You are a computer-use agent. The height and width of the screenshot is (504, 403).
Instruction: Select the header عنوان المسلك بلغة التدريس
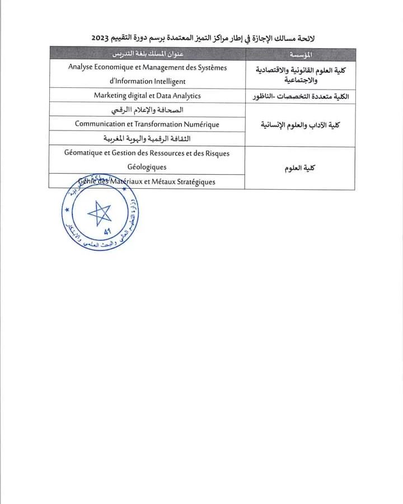click(x=147, y=54)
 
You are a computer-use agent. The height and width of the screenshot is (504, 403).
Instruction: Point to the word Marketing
click(x=111, y=96)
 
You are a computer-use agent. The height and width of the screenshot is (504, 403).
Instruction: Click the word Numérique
click(x=198, y=124)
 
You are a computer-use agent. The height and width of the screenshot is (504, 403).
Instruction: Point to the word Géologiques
click(x=147, y=167)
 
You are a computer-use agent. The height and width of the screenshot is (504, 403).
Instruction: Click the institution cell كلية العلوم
click(x=300, y=167)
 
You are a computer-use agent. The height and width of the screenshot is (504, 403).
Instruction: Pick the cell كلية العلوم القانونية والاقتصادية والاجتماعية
click(x=300, y=74)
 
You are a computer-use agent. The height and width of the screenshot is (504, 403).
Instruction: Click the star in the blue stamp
click(x=100, y=213)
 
